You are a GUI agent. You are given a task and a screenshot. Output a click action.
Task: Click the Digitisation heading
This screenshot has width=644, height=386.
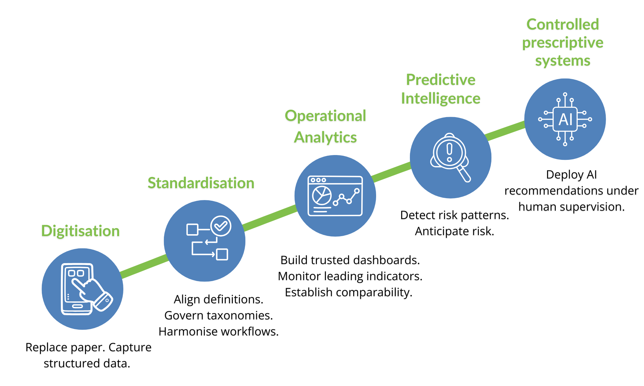coord(80,231)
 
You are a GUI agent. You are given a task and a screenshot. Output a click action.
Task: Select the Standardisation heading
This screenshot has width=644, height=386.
coord(201,183)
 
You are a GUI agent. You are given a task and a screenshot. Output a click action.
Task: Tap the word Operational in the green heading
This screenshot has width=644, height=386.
coord(325,116)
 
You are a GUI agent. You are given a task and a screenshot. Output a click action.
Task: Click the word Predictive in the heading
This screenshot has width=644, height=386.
coord(440,80)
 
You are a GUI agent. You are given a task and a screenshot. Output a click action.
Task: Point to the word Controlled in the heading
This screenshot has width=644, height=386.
coord(563,24)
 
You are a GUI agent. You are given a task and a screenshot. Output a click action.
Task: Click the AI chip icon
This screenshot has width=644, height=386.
coord(565,119)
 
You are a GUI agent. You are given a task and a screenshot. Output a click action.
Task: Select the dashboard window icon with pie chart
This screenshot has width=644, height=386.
coord(335,196)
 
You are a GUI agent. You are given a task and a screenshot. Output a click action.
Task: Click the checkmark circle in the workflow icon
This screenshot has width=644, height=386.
coord(221,226)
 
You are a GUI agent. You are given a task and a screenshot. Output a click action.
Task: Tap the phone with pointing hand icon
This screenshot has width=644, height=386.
coord(83,289)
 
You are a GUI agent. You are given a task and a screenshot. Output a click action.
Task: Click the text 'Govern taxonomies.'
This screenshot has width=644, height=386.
coord(219,316)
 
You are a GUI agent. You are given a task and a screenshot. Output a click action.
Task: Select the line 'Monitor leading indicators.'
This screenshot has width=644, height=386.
coord(350,276)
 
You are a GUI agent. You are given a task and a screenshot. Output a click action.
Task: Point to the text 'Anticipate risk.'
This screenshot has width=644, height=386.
coord(454,231)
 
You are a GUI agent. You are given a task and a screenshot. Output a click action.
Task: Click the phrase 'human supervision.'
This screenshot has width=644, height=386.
coord(571,207)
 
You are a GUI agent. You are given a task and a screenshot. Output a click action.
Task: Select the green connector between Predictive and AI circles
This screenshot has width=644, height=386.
coord(505,131)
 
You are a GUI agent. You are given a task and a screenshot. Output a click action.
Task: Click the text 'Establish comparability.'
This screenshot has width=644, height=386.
coord(348,292)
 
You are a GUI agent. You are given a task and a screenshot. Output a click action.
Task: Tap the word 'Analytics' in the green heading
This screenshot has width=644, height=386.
coord(325,137)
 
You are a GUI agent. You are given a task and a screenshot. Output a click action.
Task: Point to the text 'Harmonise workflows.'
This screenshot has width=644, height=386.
coord(219,332)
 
